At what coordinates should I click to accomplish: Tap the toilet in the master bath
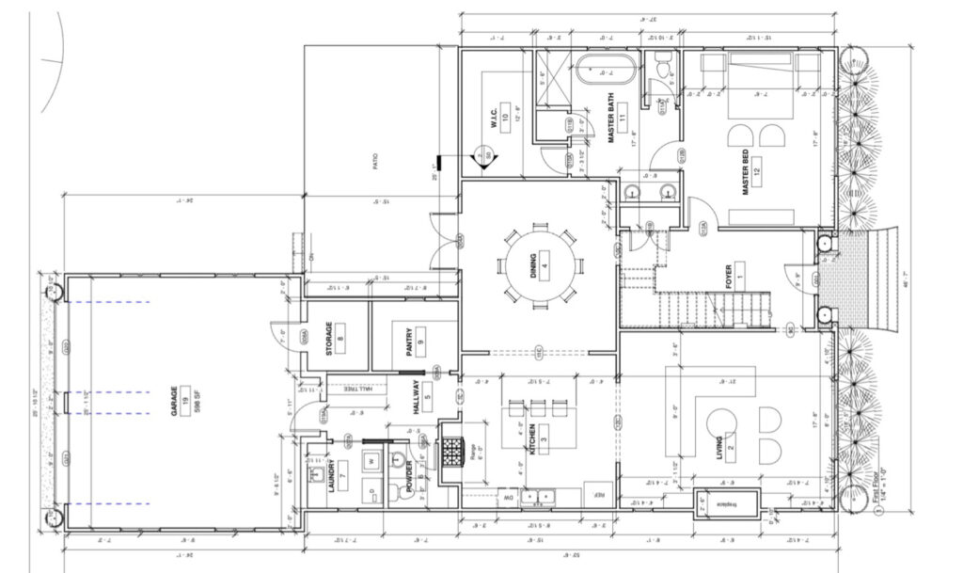point(661,69)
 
